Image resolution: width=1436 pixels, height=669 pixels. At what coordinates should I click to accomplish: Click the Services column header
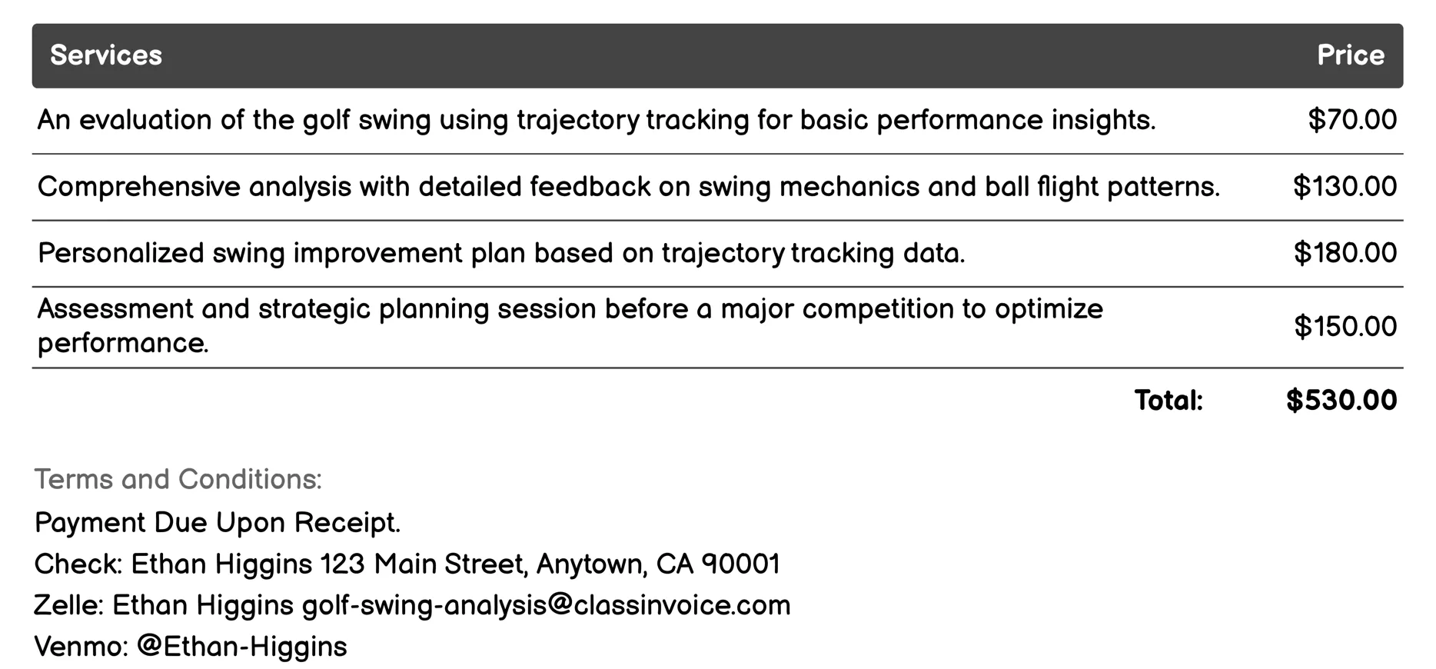[106, 55]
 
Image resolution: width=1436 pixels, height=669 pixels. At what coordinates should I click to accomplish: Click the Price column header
[1350, 55]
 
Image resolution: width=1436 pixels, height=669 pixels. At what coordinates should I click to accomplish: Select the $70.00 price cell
[1352, 120]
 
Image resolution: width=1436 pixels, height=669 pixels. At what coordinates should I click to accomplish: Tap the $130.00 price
[1345, 187]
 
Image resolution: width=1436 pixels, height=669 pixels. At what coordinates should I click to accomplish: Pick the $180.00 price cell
[1345, 253]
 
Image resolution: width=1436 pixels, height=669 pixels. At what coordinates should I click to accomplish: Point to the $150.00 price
[1345, 327]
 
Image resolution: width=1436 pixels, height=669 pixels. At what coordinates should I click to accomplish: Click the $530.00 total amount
[1341, 401]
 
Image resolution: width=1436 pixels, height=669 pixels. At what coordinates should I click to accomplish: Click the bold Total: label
[1168, 401]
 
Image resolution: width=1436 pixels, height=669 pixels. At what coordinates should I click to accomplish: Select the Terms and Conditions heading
[178, 479]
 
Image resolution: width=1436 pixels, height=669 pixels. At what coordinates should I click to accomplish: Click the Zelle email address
[546, 605]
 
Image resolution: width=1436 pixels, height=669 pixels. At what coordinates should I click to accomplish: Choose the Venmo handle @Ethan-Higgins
[241, 647]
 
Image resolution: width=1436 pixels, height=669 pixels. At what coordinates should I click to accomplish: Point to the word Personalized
[121, 253]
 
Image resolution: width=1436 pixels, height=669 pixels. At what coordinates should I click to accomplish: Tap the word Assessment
[115, 309]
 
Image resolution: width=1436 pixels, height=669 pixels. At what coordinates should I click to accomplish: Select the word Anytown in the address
[590, 564]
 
